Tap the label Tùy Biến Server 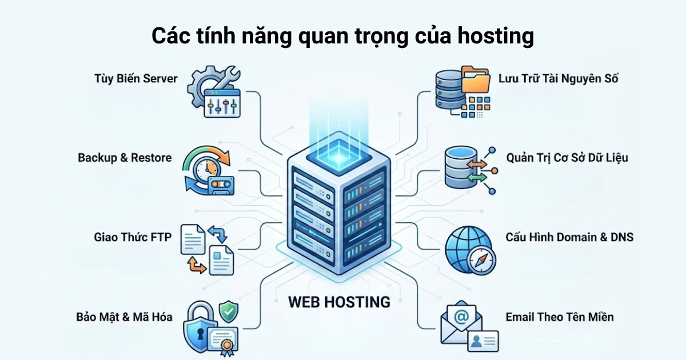coord(135,79)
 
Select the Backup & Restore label coord(125,158)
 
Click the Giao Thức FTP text coord(132,237)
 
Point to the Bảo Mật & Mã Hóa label coord(124,316)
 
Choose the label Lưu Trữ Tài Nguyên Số coord(558,79)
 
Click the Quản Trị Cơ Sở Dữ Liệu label coord(567,158)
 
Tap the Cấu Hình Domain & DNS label coord(569,237)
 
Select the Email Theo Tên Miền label coord(559,316)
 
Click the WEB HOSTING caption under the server coord(339,301)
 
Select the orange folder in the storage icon coord(475,80)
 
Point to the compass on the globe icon coord(478,262)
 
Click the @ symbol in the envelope coord(461,315)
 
